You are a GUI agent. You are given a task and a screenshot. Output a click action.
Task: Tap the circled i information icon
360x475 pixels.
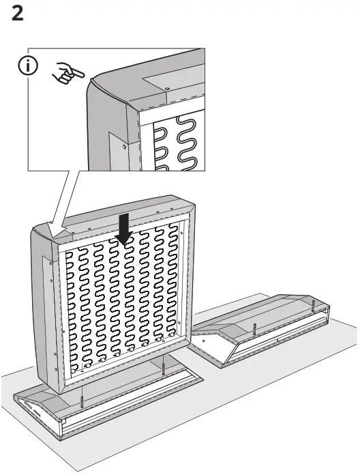coord(28,66)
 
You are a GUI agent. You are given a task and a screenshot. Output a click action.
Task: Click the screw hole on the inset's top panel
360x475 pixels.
coord(167,88)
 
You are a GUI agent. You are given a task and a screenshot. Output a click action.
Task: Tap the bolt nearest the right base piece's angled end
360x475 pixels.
coord(254,329)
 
